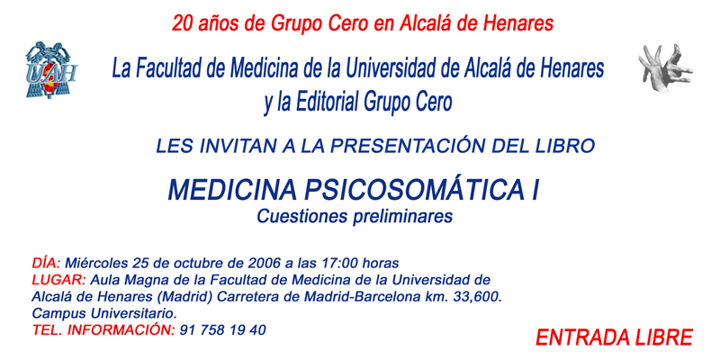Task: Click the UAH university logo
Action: click(x=51, y=70)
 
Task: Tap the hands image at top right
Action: click(x=665, y=68)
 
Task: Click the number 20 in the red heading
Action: click(x=183, y=23)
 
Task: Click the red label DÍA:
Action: click(x=46, y=263)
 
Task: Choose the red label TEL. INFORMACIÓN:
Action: click(x=103, y=329)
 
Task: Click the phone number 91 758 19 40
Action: click(x=223, y=329)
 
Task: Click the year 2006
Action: click(x=264, y=263)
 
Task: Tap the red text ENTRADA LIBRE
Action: click(x=614, y=337)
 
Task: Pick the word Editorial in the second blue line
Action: click(x=325, y=102)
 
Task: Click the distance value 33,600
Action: click(x=478, y=297)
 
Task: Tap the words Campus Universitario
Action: click(x=104, y=313)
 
